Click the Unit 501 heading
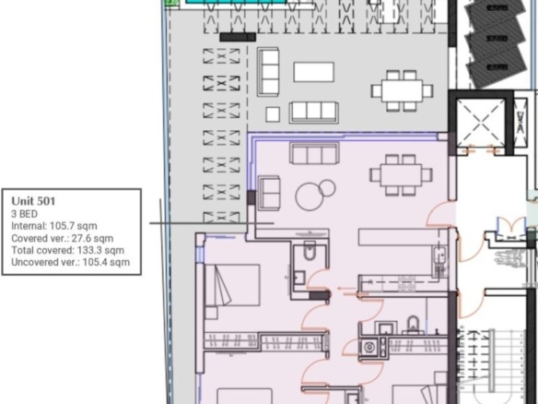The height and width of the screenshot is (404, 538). tap(33, 201)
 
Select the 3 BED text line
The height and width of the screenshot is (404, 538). tap(24, 214)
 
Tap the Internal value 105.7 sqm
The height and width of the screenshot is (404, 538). tap(74, 226)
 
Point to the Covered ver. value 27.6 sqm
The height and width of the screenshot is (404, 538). tap(92, 238)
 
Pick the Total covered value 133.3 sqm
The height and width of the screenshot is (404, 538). tap(101, 250)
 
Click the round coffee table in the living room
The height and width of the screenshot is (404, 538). tap(310, 196)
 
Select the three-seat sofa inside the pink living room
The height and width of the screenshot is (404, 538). tap(315, 153)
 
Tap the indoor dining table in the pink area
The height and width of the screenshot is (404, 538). tap(401, 175)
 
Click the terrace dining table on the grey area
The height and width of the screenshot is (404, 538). tap(403, 90)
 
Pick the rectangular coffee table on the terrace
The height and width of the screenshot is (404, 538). tap(313, 72)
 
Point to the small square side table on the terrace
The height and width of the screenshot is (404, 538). tap(273, 114)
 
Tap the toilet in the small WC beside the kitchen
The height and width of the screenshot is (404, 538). tap(310, 251)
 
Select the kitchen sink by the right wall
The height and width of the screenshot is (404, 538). tap(439, 255)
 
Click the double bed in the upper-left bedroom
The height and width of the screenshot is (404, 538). tap(232, 285)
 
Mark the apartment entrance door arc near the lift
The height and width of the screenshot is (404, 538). tap(438, 214)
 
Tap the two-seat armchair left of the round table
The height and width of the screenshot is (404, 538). tap(269, 193)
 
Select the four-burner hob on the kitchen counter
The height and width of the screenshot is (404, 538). tap(407, 282)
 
